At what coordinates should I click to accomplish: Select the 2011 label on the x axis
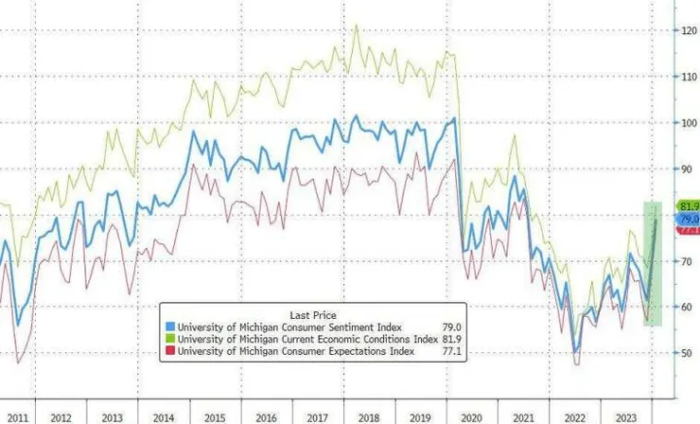[x=13, y=416]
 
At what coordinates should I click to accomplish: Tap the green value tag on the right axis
[x=688, y=206]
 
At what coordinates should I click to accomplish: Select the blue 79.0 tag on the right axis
[x=688, y=219]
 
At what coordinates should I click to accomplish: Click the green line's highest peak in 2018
[x=356, y=26]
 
